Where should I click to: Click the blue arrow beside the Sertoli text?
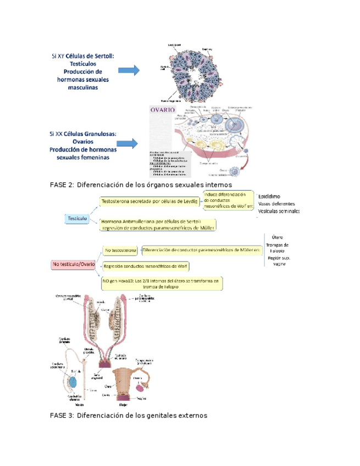129,71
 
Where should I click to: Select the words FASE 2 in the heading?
62,185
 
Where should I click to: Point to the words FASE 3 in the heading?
62,415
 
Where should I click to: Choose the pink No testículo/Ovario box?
74,264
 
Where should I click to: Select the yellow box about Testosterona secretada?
149,202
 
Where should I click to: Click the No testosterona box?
121,250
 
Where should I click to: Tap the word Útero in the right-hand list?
278,237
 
